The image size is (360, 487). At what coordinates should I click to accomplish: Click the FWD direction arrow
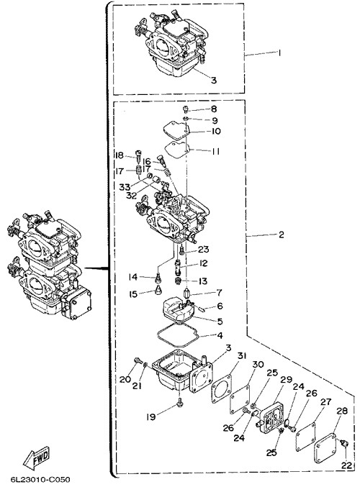(37, 458)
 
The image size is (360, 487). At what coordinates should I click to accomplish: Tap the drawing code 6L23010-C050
(40, 479)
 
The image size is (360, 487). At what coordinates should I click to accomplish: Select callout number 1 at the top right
(279, 53)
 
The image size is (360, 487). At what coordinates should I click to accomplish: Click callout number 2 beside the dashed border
(281, 235)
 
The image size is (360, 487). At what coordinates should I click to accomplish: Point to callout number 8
(214, 109)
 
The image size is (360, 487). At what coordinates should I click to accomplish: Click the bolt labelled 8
(185, 109)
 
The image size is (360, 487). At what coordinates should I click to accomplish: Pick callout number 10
(215, 131)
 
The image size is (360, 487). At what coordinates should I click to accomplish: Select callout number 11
(215, 152)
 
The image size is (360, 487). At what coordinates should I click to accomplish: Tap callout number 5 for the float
(220, 321)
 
